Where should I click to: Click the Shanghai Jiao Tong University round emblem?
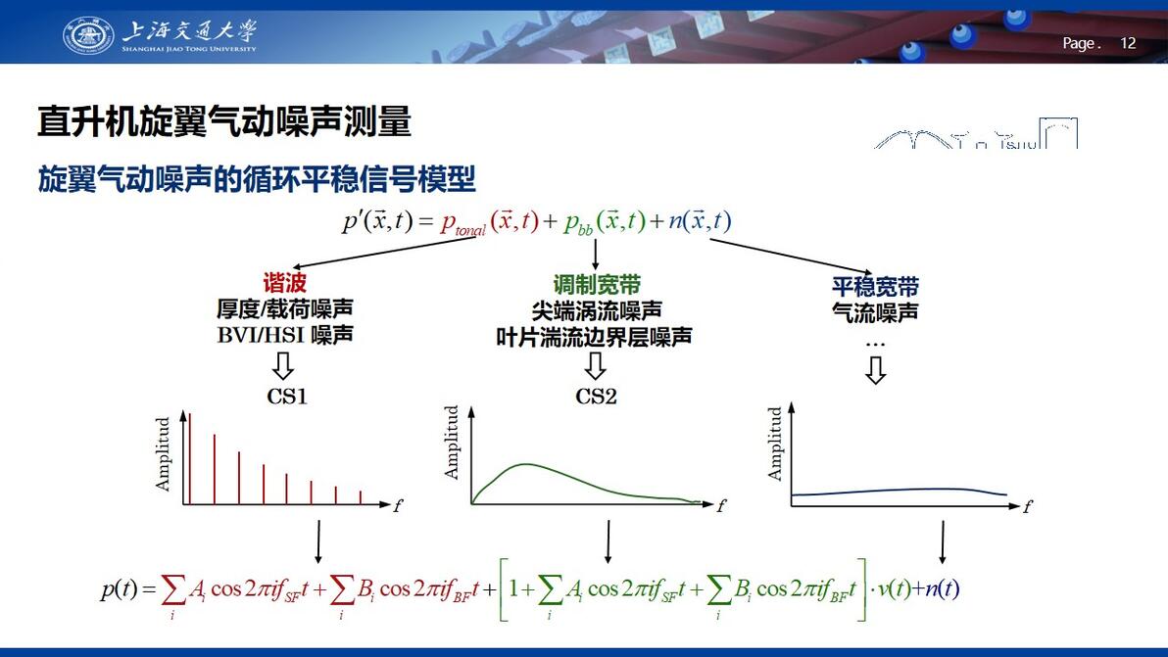(88, 35)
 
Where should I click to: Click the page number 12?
(1128, 43)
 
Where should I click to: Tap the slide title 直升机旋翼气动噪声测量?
(224, 121)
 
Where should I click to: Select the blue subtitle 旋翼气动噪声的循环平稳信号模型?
(257, 179)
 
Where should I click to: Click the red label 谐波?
(284, 283)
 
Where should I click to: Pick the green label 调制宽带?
(597, 284)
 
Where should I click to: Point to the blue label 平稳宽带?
(875, 287)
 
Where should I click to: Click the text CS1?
(287, 396)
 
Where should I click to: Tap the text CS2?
(596, 396)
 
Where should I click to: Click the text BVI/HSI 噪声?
(285, 335)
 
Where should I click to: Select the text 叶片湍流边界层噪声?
(595, 337)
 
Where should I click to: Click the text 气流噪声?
(875, 312)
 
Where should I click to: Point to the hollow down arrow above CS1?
(283, 366)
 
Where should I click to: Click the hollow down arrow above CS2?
(595, 366)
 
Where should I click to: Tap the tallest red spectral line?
(190, 459)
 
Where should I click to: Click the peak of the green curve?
(526, 464)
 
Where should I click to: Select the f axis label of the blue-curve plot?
(1028, 506)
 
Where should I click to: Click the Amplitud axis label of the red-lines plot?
(163, 454)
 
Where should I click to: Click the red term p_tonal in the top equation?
(462, 223)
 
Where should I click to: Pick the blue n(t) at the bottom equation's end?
(942, 588)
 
